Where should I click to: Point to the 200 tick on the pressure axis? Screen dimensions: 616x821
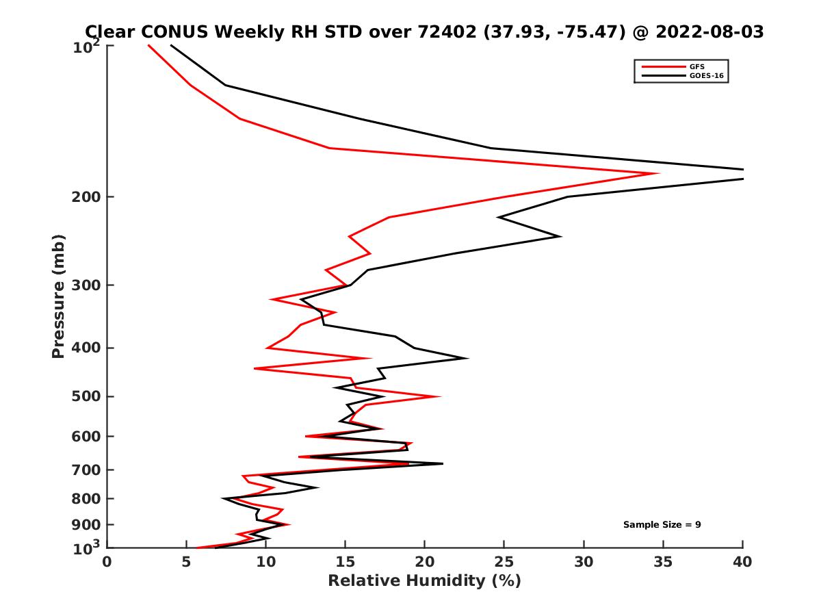pos(86,197)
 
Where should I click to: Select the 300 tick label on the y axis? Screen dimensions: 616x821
pos(86,285)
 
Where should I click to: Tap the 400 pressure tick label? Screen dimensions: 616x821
pos(86,348)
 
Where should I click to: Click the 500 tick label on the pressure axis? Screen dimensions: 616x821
pos(86,396)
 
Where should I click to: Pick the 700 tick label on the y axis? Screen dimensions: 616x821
pos(86,470)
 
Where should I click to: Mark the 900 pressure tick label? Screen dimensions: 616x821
pos(86,525)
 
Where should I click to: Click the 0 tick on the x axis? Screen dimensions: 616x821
pos(107,562)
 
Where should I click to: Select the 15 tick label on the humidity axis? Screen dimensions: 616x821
pos(346,562)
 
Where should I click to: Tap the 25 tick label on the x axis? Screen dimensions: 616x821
pos(504,562)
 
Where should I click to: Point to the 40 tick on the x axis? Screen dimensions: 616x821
pos(742,562)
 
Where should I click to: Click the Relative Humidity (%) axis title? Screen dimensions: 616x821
pos(424,581)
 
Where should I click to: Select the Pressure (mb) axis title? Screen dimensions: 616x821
pos(58,296)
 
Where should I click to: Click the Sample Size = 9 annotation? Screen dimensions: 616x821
pos(662,525)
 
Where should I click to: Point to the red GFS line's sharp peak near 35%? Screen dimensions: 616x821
pos(657,173)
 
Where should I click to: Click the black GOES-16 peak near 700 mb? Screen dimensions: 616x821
pos(442,463)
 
